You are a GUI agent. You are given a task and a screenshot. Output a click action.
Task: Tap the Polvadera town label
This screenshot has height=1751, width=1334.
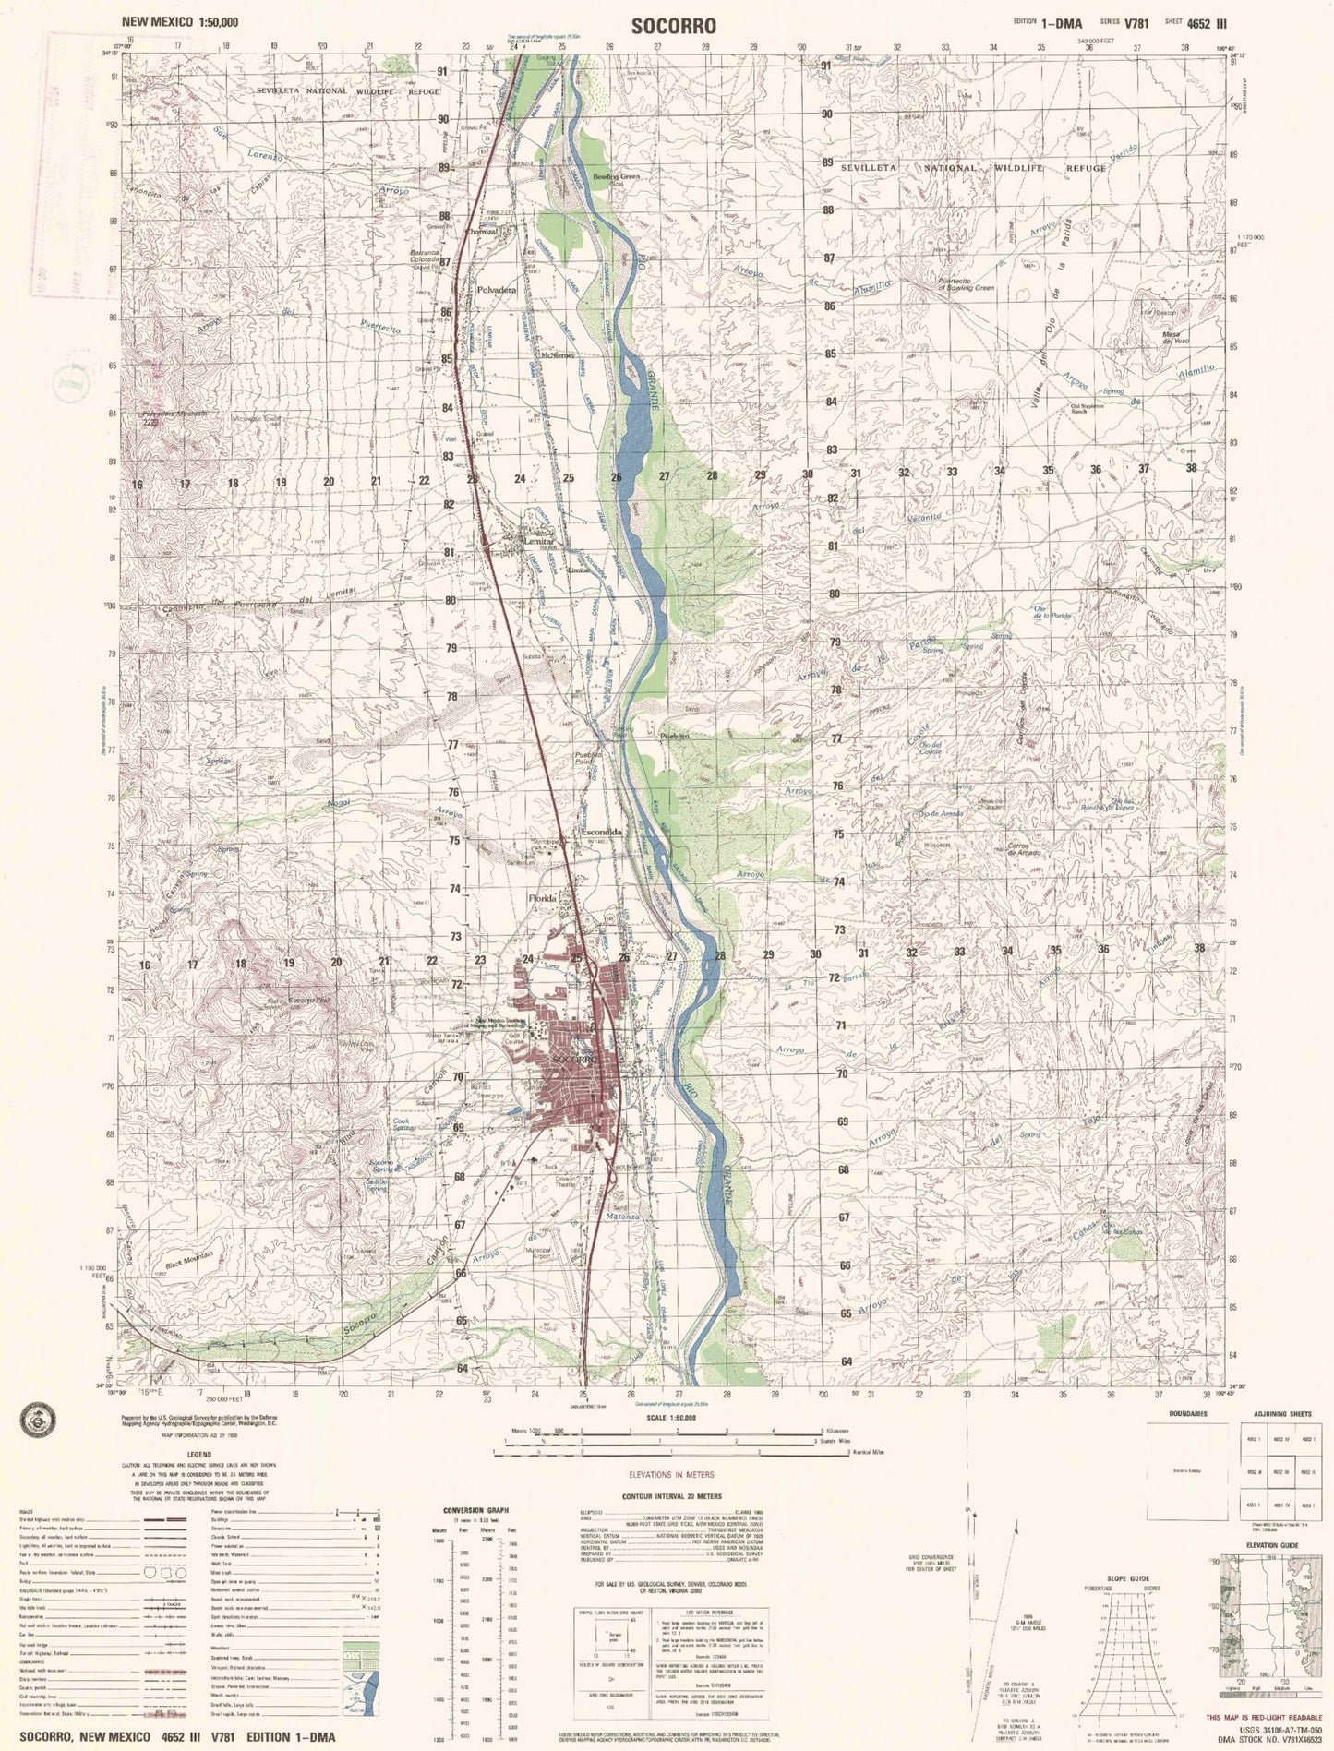click(x=498, y=289)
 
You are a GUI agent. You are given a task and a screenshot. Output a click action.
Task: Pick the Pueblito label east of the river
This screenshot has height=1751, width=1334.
click(x=675, y=735)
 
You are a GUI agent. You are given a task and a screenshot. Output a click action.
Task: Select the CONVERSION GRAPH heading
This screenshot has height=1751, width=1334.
click(x=476, y=1510)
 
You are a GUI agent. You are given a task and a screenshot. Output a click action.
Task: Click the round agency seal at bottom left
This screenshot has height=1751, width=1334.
click(x=34, y=1422)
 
